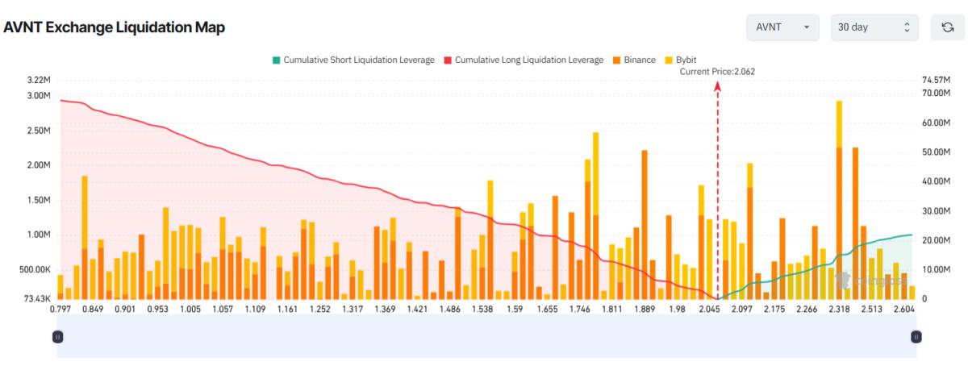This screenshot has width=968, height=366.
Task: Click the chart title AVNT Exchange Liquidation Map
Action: pyautogui.click(x=115, y=27)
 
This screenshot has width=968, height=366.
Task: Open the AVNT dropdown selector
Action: pyautogui.click(x=782, y=27)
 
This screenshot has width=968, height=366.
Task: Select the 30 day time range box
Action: pyautogui.click(x=874, y=27)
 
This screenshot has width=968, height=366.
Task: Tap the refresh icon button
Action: pyautogui.click(x=948, y=27)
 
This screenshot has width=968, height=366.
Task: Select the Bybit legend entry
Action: pyautogui.click(x=680, y=60)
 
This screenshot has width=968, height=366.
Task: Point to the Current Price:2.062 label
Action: pyautogui.click(x=717, y=71)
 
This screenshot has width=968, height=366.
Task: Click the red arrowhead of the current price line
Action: pyautogui.click(x=717, y=85)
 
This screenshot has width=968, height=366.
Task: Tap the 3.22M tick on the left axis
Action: pyautogui.click(x=39, y=80)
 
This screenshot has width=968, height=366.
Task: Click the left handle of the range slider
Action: pyautogui.click(x=57, y=336)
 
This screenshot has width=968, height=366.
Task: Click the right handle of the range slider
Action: pyautogui.click(x=916, y=336)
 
